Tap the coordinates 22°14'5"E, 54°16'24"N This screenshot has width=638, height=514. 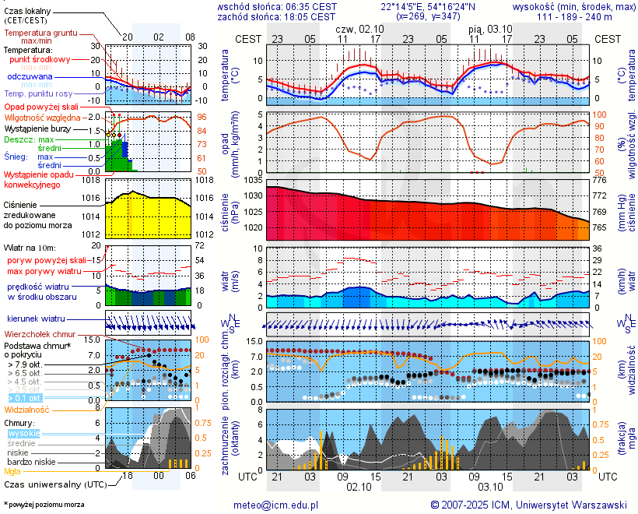[x=428, y=6]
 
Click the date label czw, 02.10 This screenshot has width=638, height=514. [x=359, y=29]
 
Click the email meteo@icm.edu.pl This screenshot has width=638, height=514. [x=275, y=505]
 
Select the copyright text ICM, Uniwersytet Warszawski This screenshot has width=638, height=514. [x=529, y=505]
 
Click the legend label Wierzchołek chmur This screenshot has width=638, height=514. [x=40, y=334]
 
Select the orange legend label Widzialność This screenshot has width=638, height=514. [x=27, y=409]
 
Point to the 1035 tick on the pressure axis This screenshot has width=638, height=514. [x=251, y=181]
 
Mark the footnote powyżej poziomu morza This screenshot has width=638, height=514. [x=44, y=505]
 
